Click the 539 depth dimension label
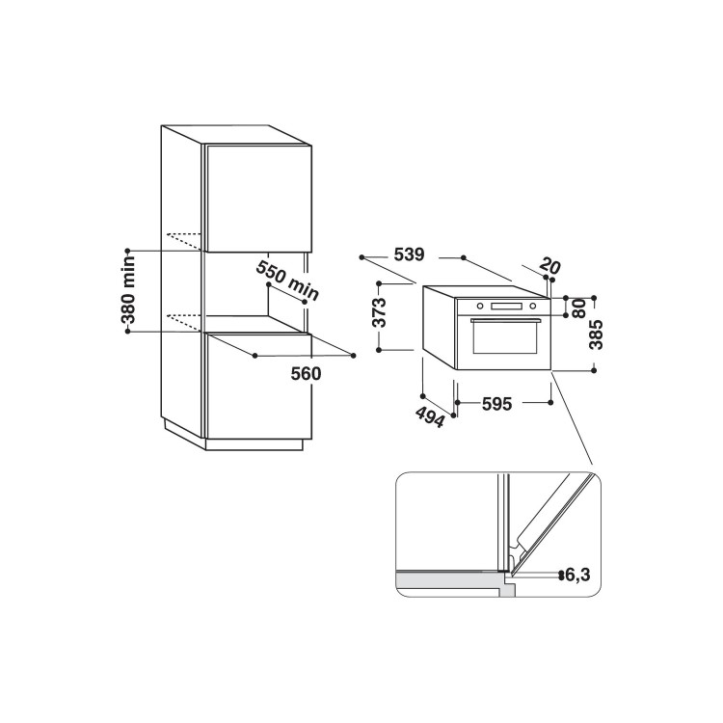point(409,255)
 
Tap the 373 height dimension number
point(380,312)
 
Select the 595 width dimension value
point(497,404)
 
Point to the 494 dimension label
point(430,416)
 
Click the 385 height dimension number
point(596,335)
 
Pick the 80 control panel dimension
point(579,308)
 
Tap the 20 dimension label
point(549,266)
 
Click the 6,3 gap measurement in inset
point(577,575)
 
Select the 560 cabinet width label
point(306,373)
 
